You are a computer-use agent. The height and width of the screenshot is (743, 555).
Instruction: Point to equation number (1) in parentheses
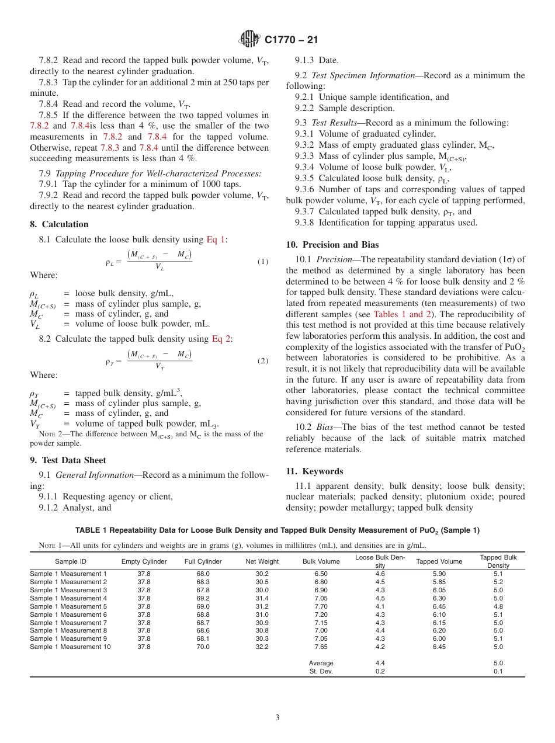[x=263, y=262]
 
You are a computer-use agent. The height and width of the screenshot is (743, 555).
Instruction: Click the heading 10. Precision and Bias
[x=332, y=245]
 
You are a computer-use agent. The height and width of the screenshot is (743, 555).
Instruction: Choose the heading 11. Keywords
[x=314, y=471]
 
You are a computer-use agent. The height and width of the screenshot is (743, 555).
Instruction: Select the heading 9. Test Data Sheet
[x=68, y=460]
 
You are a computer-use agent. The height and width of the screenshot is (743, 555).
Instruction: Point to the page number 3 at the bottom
[x=277, y=718]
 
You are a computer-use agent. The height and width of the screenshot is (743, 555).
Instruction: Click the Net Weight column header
[x=262, y=561]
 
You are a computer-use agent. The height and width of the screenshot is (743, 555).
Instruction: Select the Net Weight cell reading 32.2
[x=262, y=647]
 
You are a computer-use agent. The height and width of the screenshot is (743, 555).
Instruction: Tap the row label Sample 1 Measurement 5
[x=68, y=606]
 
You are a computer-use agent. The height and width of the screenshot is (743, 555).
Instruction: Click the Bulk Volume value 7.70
[x=321, y=606]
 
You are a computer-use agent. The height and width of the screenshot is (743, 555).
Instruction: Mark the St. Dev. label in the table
[x=321, y=671]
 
